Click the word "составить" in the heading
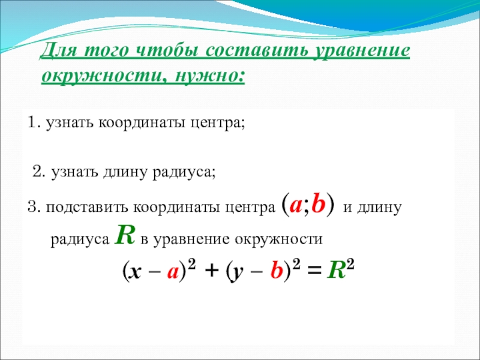point(257,50)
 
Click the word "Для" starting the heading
point(59,50)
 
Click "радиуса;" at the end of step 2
point(184,172)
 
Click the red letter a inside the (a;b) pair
point(296,206)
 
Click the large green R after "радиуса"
point(125,235)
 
